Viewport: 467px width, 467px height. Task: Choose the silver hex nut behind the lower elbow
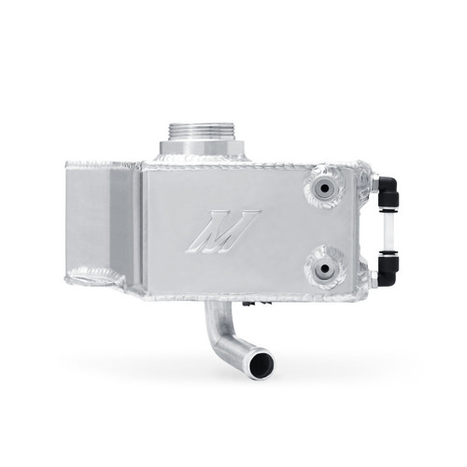[x=370, y=277]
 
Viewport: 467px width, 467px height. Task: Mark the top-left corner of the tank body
[x=68, y=166]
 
